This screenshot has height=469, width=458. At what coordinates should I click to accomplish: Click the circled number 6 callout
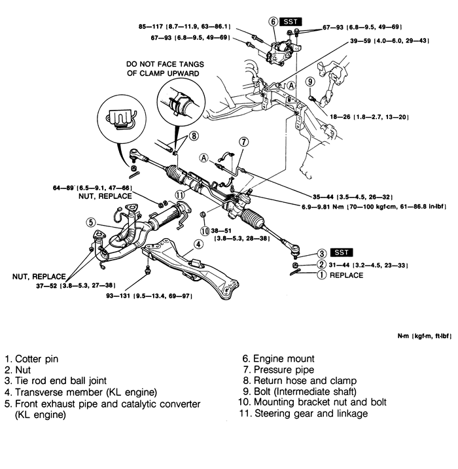[x=273, y=22]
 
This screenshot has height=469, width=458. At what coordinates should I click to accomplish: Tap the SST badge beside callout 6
[x=291, y=22]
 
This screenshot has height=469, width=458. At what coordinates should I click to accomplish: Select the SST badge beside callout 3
[x=342, y=252]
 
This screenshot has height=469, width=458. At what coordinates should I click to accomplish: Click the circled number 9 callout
[x=310, y=81]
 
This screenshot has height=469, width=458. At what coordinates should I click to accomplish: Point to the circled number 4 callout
[x=198, y=245]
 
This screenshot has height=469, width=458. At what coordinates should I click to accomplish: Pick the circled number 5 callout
[x=91, y=222]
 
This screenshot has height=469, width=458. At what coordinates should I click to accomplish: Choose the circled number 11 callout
[x=180, y=196]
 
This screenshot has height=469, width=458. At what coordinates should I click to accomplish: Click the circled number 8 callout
[x=194, y=136]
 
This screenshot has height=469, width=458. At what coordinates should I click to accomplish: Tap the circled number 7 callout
[x=244, y=141]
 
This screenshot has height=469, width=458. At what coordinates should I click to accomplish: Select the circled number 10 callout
[x=205, y=231]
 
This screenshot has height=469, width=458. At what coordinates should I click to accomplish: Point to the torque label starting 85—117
[x=185, y=27]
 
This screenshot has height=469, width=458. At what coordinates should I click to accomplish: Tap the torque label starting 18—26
[x=369, y=117]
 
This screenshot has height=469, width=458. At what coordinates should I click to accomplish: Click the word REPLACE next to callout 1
[x=346, y=275]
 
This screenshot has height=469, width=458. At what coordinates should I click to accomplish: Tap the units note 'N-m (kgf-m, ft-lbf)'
[x=425, y=336]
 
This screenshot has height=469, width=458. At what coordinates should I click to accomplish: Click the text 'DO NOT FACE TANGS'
[x=165, y=64]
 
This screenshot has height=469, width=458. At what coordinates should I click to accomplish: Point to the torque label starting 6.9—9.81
[x=374, y=207]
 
